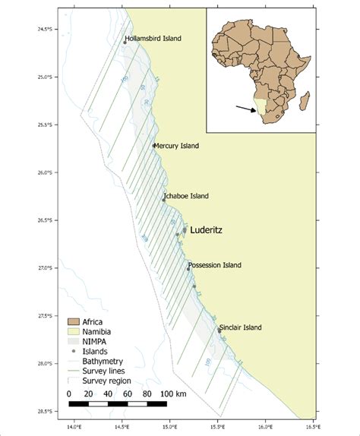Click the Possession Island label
coord(216,265)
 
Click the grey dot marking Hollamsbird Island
coord(125,43)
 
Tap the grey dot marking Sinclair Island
coord(219,330)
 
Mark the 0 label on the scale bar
coord(68,393)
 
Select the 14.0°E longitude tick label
coord(74,425)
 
